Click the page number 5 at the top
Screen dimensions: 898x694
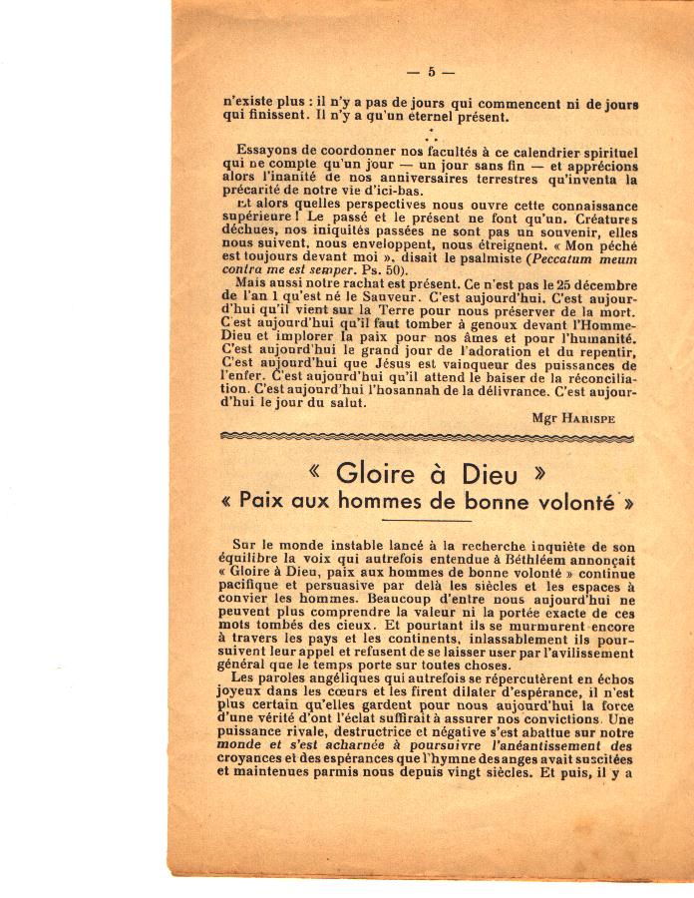click(431, 72)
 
